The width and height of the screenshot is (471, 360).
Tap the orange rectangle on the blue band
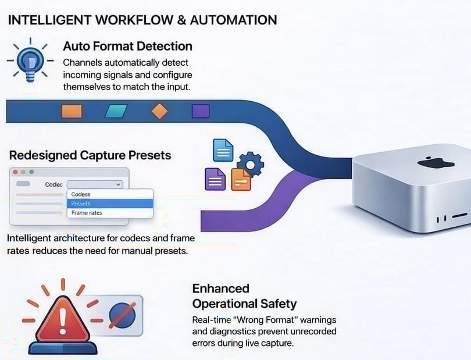[72, 111]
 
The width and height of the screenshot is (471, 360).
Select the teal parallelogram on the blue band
[116, 111]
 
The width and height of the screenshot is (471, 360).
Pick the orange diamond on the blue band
[159, 111]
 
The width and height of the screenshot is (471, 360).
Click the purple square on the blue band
[201, 111]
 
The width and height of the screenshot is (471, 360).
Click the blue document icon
[223, 150]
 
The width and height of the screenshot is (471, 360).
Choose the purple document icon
[215, 179]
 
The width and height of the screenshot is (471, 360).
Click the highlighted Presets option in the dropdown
[110, 204]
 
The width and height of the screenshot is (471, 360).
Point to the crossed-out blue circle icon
[122, 315]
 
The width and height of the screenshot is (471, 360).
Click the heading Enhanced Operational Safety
[244, 296]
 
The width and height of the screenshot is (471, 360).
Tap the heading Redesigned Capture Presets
[90, 155]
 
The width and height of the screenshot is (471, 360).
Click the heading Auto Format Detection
[127, 46]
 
